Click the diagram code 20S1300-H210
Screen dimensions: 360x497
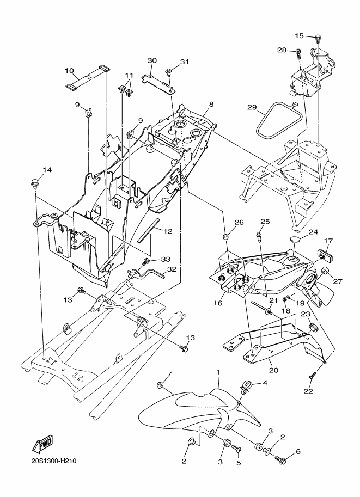pos(54,461)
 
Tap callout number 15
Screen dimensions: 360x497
pos(299,35)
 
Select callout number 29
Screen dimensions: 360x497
pos(252,107)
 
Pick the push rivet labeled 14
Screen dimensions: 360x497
pos(34,184)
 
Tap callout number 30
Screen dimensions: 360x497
pos(152,60)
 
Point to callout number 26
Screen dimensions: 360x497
pos(239,223)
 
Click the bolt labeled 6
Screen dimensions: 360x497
pos(280,459)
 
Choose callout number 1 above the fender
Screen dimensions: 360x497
pos(218,371)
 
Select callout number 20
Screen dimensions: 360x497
pos(274,370)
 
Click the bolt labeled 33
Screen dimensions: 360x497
pos(147,262)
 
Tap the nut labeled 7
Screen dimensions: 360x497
pos(160,385)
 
